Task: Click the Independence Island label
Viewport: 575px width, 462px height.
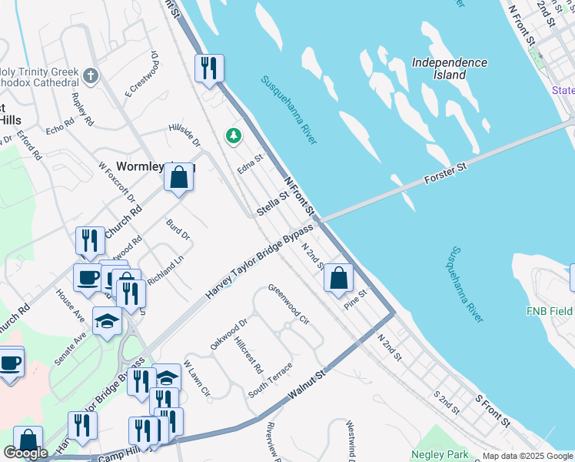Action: click(449, 69)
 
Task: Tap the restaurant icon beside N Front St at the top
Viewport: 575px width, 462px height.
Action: click(208, 69)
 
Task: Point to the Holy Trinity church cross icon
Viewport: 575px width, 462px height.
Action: click(91, 75)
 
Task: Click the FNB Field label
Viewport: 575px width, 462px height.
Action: click(549, 311)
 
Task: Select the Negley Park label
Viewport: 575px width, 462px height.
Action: click(439, 454)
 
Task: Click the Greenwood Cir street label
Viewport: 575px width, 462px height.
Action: click(288, 303)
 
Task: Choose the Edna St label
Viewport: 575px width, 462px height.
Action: click(250, 164)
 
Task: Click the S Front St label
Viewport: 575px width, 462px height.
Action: click(493, 411)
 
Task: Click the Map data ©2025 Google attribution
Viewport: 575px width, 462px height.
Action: click(527, 456)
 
